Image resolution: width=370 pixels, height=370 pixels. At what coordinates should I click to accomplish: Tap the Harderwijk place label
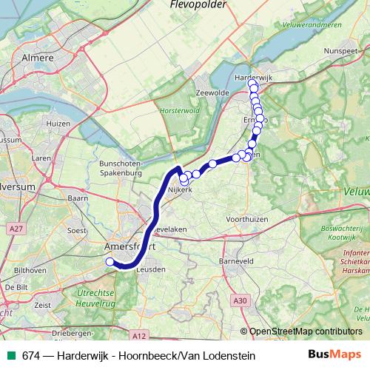pyautogui.click(x=254, y=76)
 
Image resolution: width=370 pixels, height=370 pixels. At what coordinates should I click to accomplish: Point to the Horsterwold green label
pyautogui.click(x=176, y=112)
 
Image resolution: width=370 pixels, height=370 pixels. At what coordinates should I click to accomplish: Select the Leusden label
pyautogui.click(x=150, y=269)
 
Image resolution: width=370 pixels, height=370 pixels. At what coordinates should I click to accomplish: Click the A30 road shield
pyautogui.click(x=238, y=300)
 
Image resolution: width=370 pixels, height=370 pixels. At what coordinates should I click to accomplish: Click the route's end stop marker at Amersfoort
pyautogui.click(x=110, y=261)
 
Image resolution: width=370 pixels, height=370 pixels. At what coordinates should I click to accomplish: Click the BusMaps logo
pyautogui.click(x=334, y=355)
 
